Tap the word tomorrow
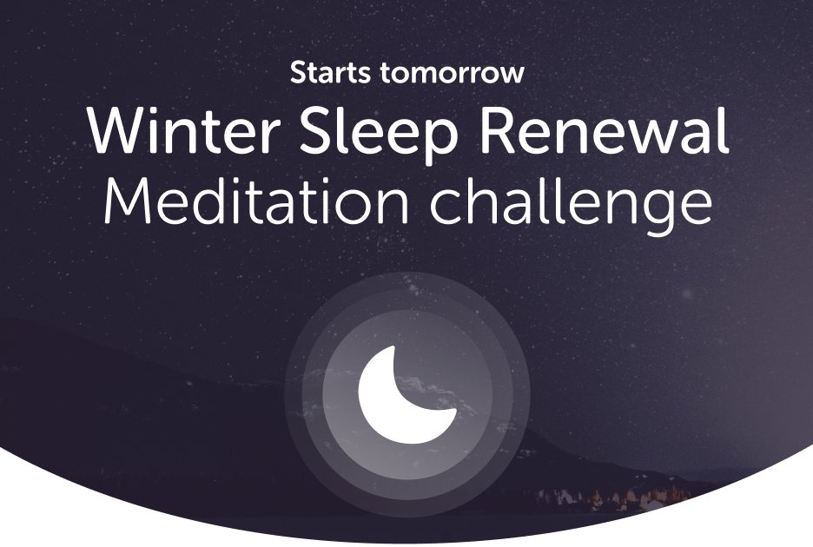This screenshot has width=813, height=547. coord(452,73)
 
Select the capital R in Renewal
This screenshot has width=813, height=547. coord(497,131)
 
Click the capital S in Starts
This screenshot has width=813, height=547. coord(299,73)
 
